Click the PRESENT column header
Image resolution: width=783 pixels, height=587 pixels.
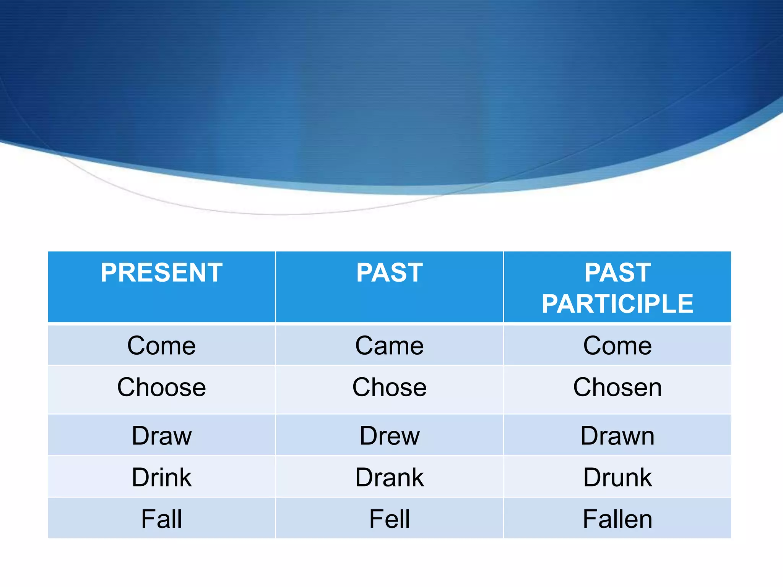tap(161, 273)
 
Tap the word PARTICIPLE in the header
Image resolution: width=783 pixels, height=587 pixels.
tap(617, 304)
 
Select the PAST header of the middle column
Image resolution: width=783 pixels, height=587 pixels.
tap(389, 273)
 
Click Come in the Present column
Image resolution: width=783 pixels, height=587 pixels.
tap(161, 346)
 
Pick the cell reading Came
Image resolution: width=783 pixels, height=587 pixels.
tap(389, 346)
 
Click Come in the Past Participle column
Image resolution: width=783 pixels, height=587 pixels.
tap(617, 346)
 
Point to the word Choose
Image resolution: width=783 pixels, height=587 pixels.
tap(161, 388)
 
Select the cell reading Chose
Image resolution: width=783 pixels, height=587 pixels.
tap(389, 388)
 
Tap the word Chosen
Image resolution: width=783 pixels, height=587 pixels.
tap(617, 388)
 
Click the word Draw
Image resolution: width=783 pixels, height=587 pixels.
tap(161, 436)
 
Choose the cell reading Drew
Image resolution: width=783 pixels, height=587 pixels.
tap(389, 436)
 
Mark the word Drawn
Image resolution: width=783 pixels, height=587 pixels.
tap(617, 436)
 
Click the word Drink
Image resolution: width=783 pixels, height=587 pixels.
tap(161, 477)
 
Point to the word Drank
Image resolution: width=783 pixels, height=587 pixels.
tap(389, 477)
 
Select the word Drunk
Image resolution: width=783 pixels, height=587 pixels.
tap(617, 477)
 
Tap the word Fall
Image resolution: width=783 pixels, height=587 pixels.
tap(161, 519)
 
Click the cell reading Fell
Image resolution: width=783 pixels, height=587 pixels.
tap(389, 519)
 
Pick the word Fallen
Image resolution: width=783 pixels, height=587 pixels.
tap(617, 519)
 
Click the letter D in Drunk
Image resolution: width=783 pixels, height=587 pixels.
tap(592, 477)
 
